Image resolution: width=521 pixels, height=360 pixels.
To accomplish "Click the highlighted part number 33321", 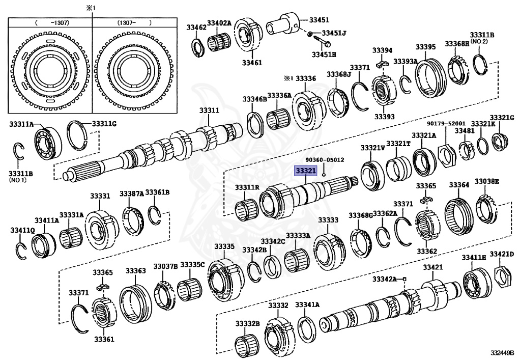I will click(x=306, y=171).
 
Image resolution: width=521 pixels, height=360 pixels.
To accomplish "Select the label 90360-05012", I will click(x=324, y=159).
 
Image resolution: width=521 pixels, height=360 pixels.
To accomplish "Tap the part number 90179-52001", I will click(x=446, y=123).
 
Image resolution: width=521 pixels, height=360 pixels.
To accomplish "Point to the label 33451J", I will click(x=334, y=34).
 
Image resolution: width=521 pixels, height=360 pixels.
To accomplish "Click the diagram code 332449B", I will click(x=502, y=353).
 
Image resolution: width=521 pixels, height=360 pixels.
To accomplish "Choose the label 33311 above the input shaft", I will click(x=209, y=110).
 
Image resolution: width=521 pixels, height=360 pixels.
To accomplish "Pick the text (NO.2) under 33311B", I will click(x=479, y=41).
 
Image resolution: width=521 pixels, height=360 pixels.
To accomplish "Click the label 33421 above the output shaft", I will click(x=432, y=267).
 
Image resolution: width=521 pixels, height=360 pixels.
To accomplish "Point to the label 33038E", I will click(x=487, y=181).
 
